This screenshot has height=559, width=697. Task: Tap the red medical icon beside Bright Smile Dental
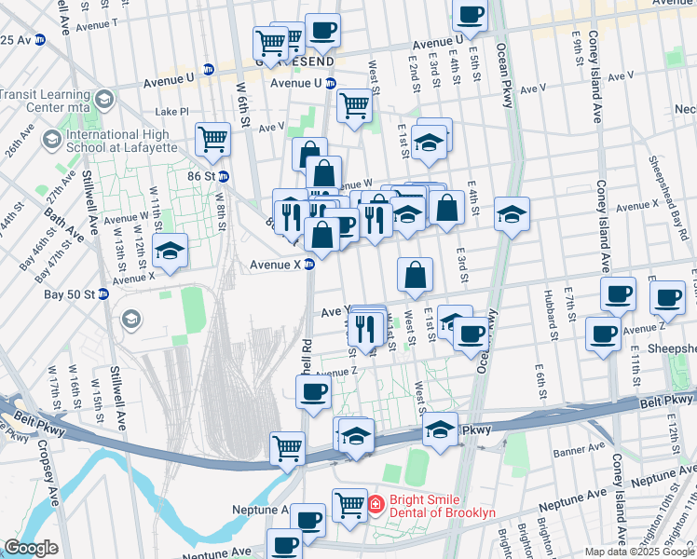pos(376,505)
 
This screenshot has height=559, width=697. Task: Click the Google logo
pos(31,548)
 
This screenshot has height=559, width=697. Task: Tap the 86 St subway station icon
pos(224,175)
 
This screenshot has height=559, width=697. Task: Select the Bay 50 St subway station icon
pos(103,293)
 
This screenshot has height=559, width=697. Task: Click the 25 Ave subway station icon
pos(39,40)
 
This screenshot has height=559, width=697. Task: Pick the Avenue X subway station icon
pos(309,264)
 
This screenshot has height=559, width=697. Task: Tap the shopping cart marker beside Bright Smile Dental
pos(349,504)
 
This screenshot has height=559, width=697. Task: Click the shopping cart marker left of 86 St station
pos(212,140)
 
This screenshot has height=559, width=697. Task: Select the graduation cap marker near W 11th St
pos(170,251)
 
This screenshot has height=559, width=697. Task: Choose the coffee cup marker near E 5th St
pos(470,14)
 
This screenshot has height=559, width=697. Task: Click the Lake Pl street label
pos(171,111)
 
